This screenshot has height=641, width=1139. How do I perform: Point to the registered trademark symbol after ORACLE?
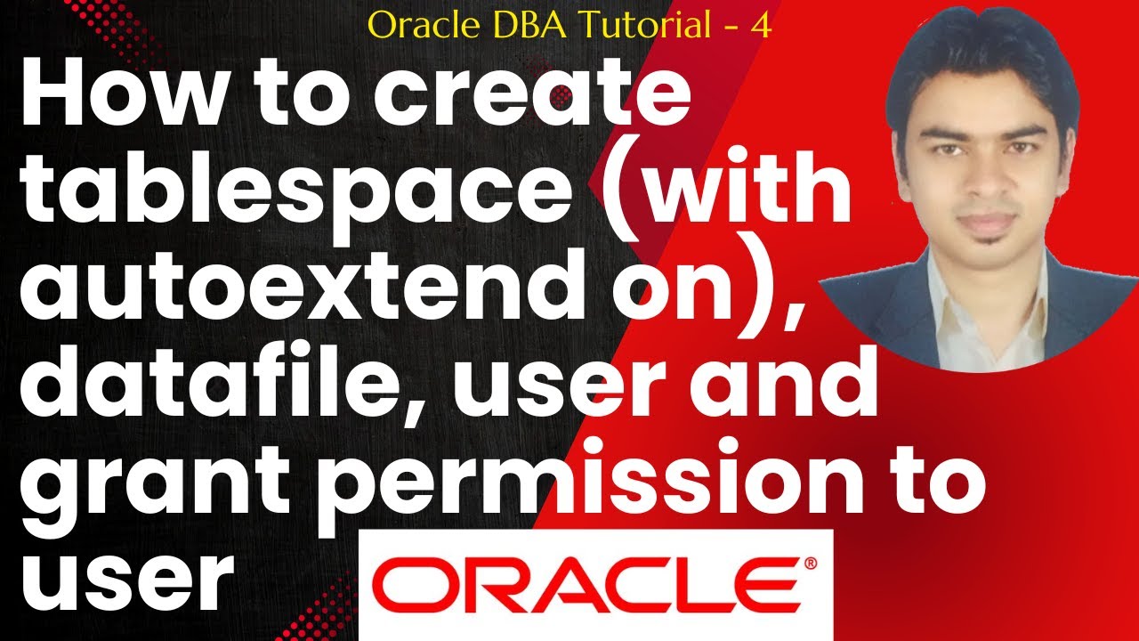point(810,564)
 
